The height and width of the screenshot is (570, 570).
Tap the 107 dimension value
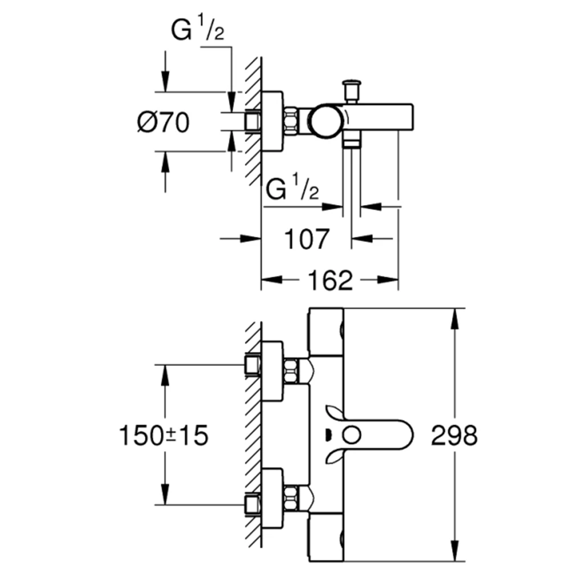click(307, 239)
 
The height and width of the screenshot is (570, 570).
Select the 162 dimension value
click(330, 280)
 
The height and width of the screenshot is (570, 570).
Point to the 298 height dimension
click(454, 435)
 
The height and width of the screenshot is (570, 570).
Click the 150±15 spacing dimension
click(164, 435)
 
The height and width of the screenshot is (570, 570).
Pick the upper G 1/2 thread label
click(197, 28)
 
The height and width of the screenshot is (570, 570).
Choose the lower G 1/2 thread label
click(292, 187)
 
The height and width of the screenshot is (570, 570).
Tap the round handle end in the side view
click(327, 121)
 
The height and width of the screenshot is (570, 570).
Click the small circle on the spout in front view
click(352, 435)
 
